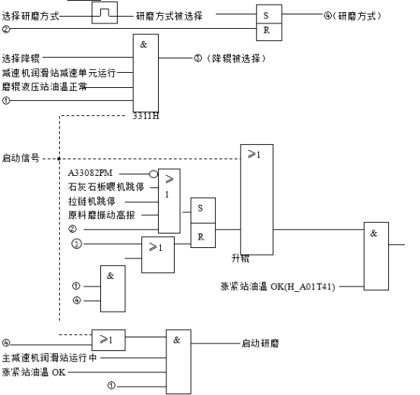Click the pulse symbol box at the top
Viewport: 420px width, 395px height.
(105, 13)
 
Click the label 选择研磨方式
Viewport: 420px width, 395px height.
(30, 16)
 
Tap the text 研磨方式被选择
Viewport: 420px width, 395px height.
(169, 16)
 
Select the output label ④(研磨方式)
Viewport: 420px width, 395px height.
(352, 16)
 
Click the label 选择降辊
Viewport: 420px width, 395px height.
(21, 58)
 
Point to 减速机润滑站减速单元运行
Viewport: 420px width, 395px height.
(58, 73)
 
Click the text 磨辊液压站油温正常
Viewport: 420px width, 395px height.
(44, 86)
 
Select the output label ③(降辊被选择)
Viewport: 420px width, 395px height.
(230, 58)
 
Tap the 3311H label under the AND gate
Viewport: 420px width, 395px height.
(146, 116)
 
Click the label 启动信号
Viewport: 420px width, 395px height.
(21, 158)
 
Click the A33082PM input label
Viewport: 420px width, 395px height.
(90, 173)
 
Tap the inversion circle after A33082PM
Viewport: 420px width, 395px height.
(153, 174)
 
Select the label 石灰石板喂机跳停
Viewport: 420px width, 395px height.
(106, 187)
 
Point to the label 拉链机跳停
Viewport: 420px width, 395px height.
(92, 201)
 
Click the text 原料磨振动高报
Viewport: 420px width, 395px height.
(101, 215)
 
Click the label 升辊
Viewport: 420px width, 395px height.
(240, 259)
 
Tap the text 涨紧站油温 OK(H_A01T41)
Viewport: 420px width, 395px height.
(278, 287)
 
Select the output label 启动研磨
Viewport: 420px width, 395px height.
(260, 343)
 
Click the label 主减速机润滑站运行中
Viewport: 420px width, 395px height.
(49, 358)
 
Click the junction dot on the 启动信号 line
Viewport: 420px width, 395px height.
(59, 159)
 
